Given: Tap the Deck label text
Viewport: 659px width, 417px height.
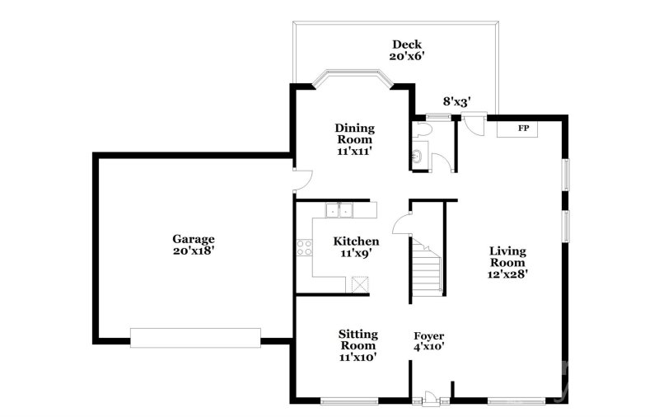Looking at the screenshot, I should point(407,50).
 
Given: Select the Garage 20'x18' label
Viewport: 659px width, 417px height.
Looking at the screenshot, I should point(194,246).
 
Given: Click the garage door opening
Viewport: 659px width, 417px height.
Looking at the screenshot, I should point(195,337).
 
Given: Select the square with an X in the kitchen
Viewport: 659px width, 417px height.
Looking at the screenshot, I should point(359,285).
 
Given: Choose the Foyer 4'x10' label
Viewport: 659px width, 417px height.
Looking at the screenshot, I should point(428,342).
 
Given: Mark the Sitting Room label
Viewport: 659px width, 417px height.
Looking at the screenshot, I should point(358,345).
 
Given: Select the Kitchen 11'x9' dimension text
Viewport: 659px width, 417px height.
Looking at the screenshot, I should point(356,247).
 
